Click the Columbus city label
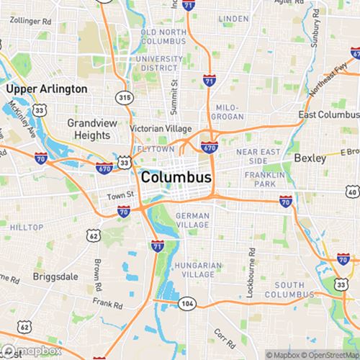click(176, 177)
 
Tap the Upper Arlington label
click(47, 89)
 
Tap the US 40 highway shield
click(351, 192)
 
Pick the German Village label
click(192, 220)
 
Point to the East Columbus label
click(328, 115)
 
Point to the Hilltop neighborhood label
click(26, 227)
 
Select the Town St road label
click(121, 195)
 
